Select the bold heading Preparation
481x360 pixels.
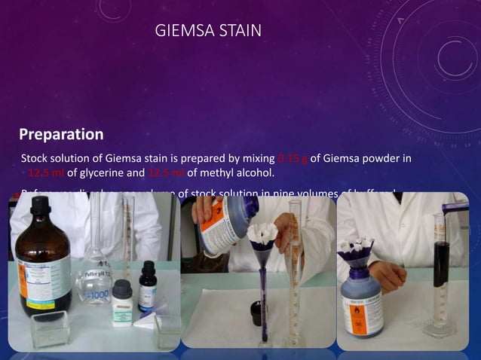(x=61, y=135)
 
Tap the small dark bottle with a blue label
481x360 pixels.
(x=148, y=286)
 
